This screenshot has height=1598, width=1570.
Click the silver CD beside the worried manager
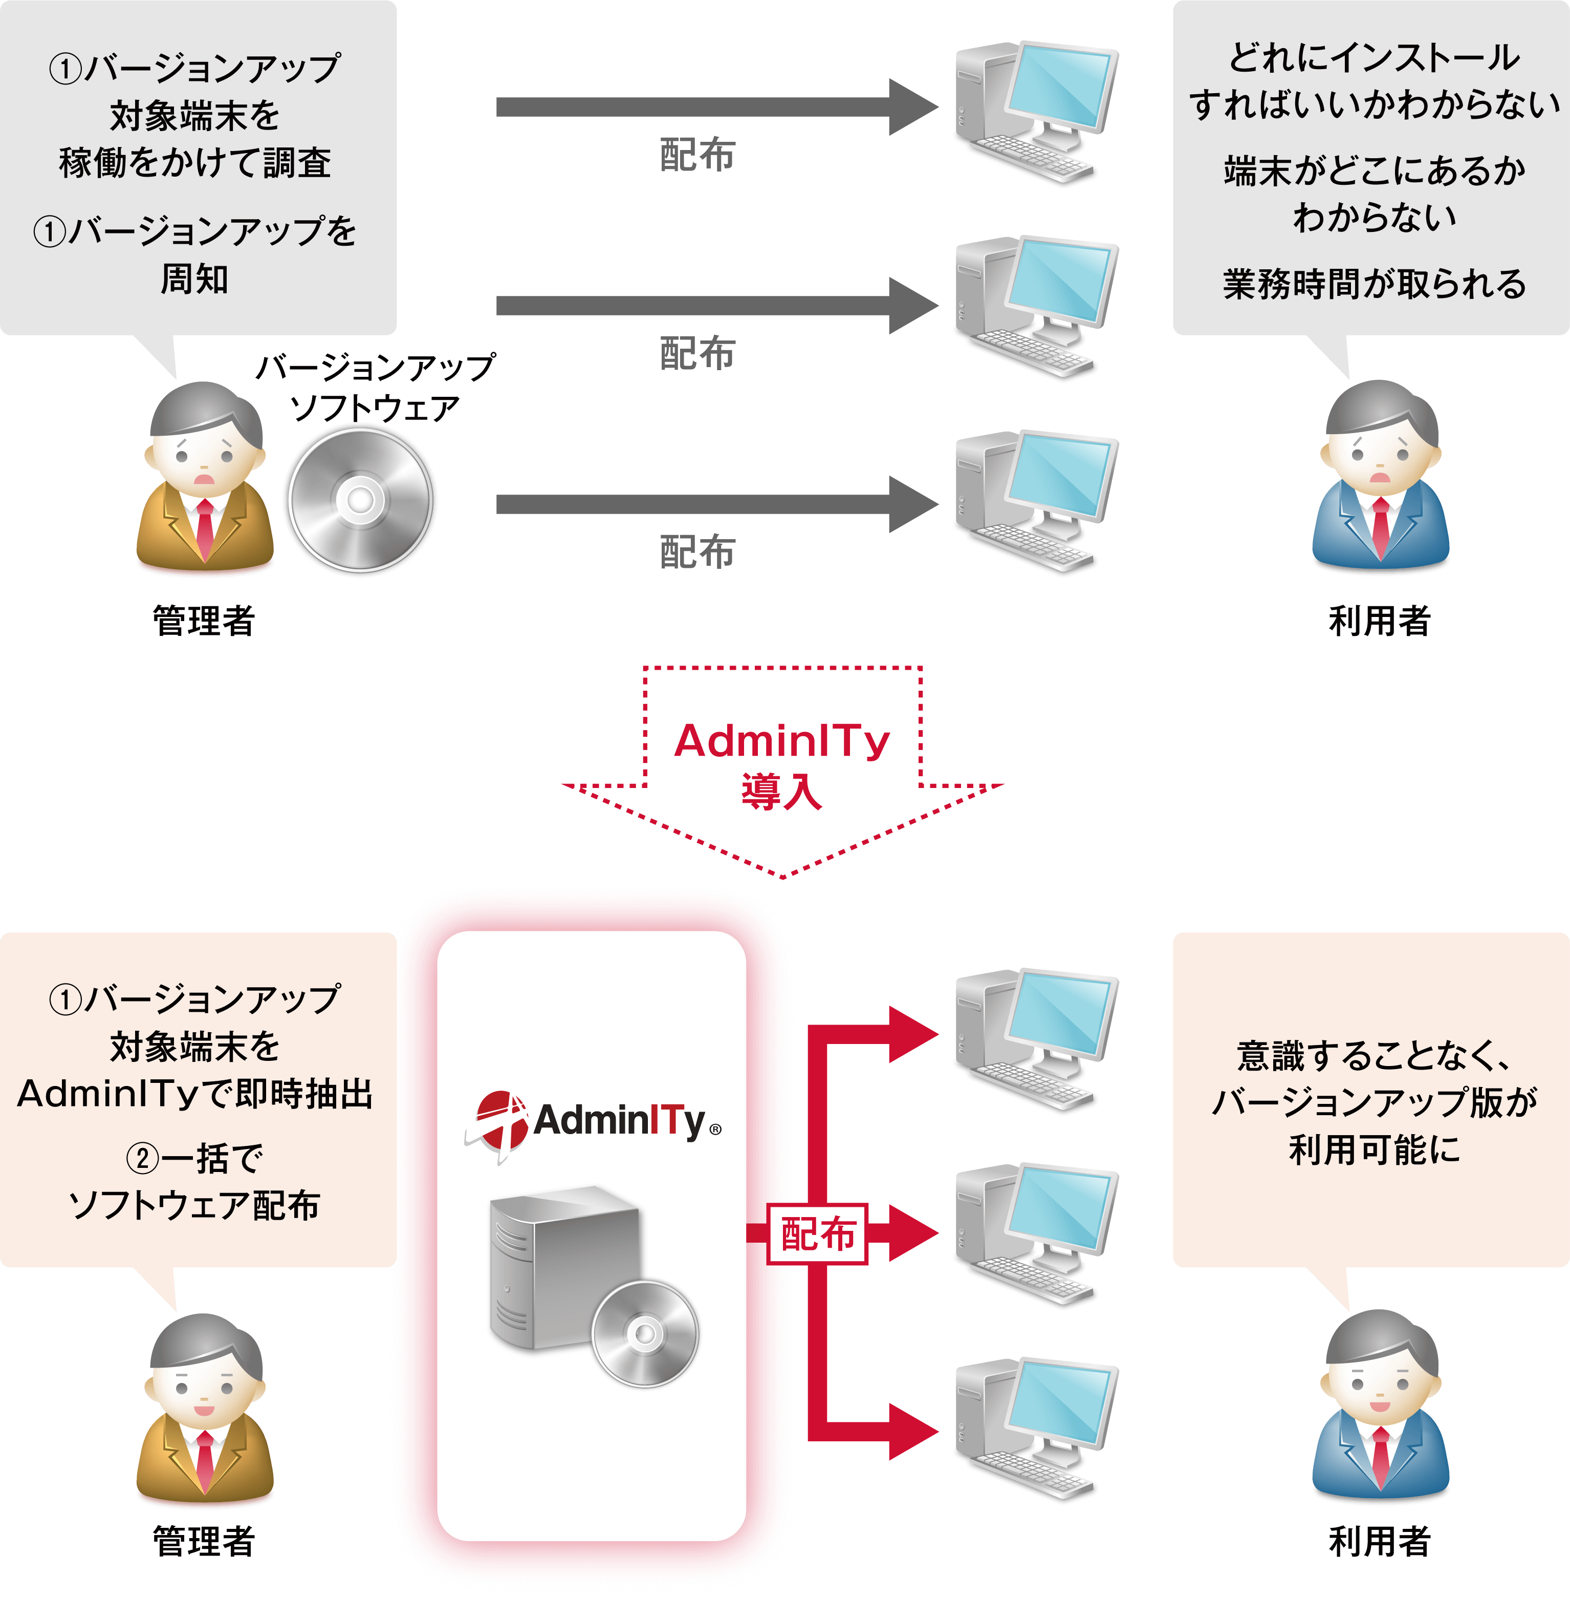tap(360, 500)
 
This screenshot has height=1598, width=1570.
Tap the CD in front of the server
tap(645, 1333)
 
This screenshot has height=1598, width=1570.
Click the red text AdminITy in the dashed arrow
tap(782, 741)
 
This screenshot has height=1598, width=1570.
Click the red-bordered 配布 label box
tap(817, 1234)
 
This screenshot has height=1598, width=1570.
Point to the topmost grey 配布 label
tap(697, 154)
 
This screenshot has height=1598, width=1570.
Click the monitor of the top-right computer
tap(1061, 87)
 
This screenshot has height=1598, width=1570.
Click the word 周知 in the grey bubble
tap(194, 279)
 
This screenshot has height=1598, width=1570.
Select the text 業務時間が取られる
tap(1373, 284)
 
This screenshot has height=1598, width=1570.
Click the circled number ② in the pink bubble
tap(142, 1158)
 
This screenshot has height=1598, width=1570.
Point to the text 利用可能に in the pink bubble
tap(1373, 1149)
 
